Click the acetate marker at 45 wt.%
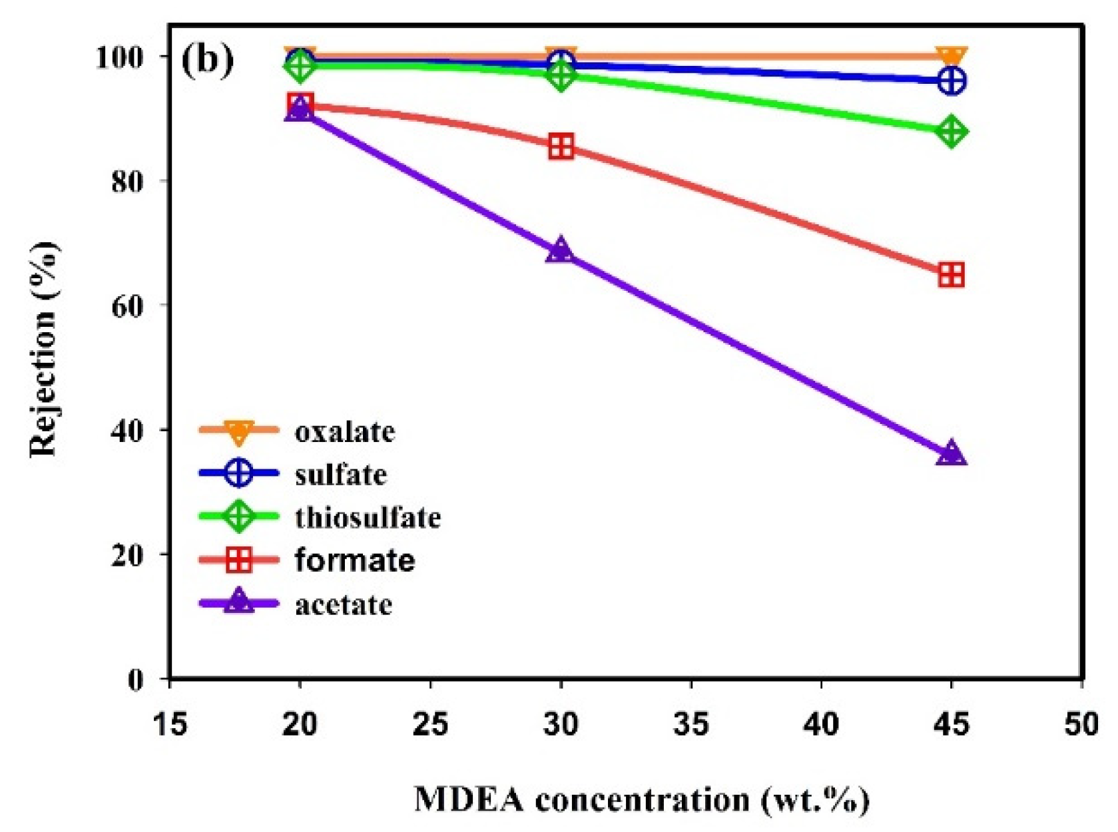coord(951,454)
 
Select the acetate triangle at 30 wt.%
coord(561,251)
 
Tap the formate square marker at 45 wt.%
coord(951,274)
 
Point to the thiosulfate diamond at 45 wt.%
coord(951,131)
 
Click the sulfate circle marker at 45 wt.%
coord(951,81)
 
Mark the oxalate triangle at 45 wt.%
coord(951,56)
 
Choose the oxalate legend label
coord(345,432)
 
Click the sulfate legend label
coord(340,475)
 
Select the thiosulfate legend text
coord(368,517)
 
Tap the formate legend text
coord(354,560)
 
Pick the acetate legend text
coord(344,604)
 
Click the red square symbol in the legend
coord(238,560)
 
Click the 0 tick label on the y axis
coord(135,679)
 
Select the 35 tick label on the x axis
coord(691,724)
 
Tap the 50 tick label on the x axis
coord(1080,724)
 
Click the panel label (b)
coord(208,60)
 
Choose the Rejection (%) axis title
coord(44,349)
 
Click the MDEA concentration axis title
coord(641,799)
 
